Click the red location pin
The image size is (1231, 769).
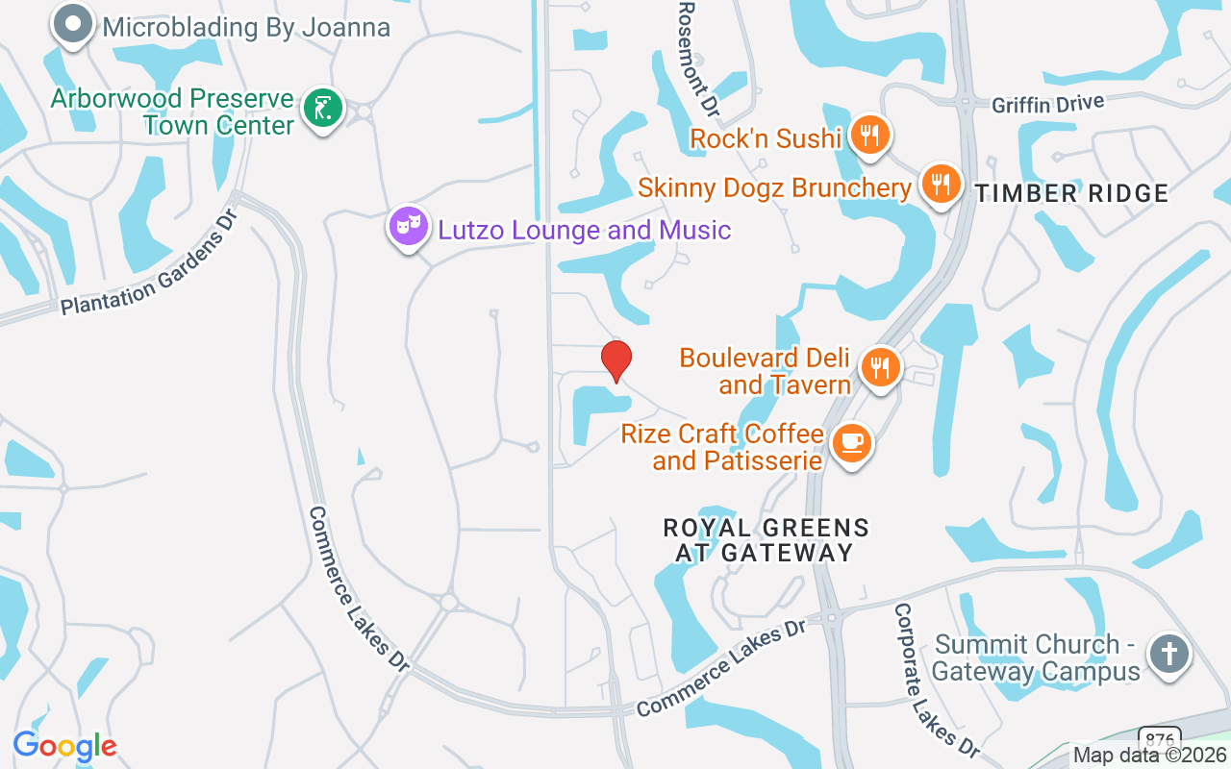[615, 360]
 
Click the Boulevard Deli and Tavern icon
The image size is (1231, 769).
[879, 366]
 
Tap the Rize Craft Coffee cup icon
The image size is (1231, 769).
[851, 443]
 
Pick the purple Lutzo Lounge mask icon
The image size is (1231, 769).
[409, 227]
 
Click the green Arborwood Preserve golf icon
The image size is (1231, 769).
[323, 109]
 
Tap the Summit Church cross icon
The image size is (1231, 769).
[1168, 655]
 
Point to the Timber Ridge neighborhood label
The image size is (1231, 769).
[1071, 193]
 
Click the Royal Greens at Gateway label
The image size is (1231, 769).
[766, 540]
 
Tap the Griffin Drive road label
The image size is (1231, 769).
[1049, 103]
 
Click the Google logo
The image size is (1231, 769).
[64, 745]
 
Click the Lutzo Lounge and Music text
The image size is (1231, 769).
[585, 231]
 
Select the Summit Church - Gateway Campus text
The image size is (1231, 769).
[1036, 657]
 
